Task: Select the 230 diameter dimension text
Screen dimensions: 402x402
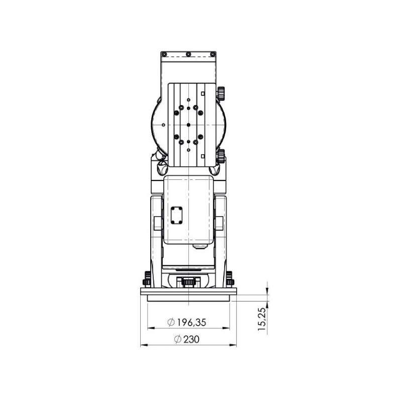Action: pyautogui.click(x=191, y=339)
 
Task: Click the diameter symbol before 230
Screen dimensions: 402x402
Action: pyautogui.click(x=177, y=339)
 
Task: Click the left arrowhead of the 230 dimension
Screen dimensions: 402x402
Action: pyautogui.click(x=142, y=345)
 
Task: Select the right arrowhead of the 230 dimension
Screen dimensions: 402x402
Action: pyautogui.click(x=234, y=345)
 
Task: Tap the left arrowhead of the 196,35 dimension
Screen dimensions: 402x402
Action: pyautogui.click(x=149, y=328)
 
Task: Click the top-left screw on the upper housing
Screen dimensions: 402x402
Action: pyautogui.click(x=163, y=54)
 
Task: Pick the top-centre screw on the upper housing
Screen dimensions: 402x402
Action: pyautogui.click(x=188, y=54)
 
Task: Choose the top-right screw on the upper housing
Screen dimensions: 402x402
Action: pyautogui.click(x=213, y=54)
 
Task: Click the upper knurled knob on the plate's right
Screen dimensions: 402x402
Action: pyautogui.click(x=221, y=93)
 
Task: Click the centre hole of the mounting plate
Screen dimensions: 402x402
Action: pyautogui.click(x=188, y=124)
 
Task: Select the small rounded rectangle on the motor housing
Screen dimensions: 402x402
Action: pyautogui.click(x=176, y=216)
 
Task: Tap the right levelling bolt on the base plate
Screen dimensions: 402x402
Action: pyautogui.click(x=230, y=278)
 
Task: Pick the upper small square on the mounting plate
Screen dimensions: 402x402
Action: pyautogui.click(x=203, y=94)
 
